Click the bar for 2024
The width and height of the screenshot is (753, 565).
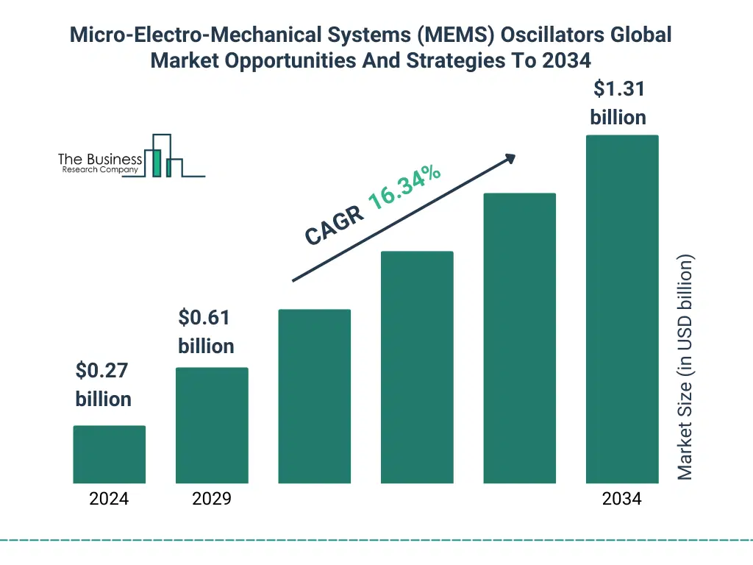[x=109, y=454]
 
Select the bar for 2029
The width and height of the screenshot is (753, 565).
[x=212, y=425]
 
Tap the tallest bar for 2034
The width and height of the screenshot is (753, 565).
[x=621, y=309]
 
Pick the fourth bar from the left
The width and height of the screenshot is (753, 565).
[x=417, y=367]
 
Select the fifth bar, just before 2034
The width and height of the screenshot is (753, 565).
[x=519, y=338]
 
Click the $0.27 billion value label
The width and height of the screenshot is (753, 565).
[x=103, y=385]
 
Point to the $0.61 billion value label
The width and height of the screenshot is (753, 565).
[x=206, y=332]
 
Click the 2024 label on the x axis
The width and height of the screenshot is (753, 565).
[x=109, y=499]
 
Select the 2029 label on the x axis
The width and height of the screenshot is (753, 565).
[x=212, y=499]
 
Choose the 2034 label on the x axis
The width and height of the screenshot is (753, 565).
[x=621, y=499]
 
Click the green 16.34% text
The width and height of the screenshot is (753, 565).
[x=404, y=188]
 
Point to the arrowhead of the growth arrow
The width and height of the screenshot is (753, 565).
[x=510, y=158]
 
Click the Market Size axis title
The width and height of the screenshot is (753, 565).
[x=685, y=368]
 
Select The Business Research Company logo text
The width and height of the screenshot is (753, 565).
[x=100, y=163]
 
